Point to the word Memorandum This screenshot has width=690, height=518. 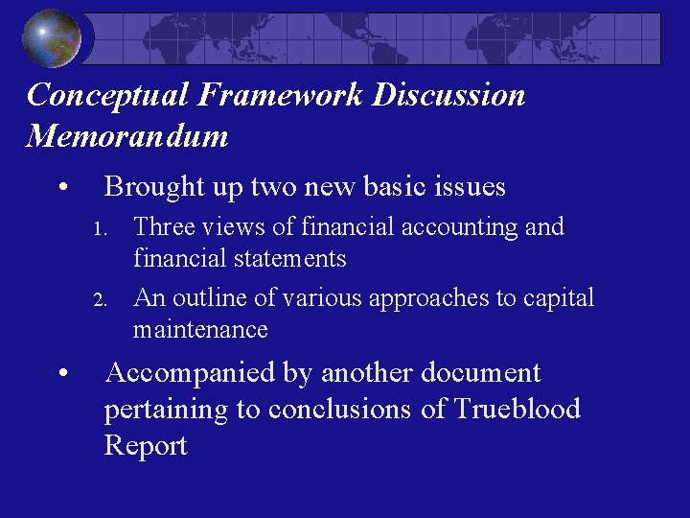[127, 136]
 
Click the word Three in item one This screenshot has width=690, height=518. [164, 227]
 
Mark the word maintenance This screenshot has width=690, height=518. [200, 330]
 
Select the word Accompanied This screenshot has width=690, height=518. [191, 373]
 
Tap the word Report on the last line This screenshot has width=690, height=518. [146, 446]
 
